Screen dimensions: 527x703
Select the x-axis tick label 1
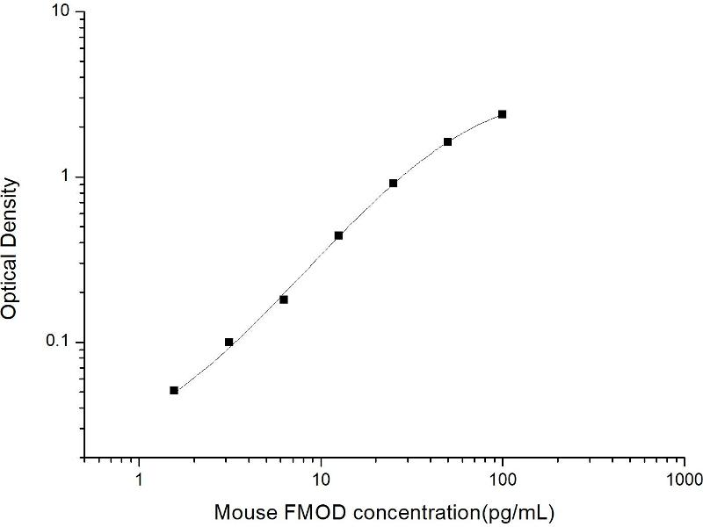tap(139, 480)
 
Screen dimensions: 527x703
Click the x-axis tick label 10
tap(321, 480)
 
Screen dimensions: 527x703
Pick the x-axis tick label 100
tap(503, 480)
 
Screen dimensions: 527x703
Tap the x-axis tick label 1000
tap(685, 480)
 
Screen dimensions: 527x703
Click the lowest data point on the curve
tap(174, 390)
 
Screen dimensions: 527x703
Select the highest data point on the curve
tap(503, 114)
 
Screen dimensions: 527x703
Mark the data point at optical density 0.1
tap(229, 342)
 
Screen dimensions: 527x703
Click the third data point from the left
tap(284, 300)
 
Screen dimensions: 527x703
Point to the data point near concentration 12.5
tap(338, 235)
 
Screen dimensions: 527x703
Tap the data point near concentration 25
tap(394, 183)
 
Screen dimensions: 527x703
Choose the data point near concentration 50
tap(448, 141)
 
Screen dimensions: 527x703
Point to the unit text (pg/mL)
tap(524, 510)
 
